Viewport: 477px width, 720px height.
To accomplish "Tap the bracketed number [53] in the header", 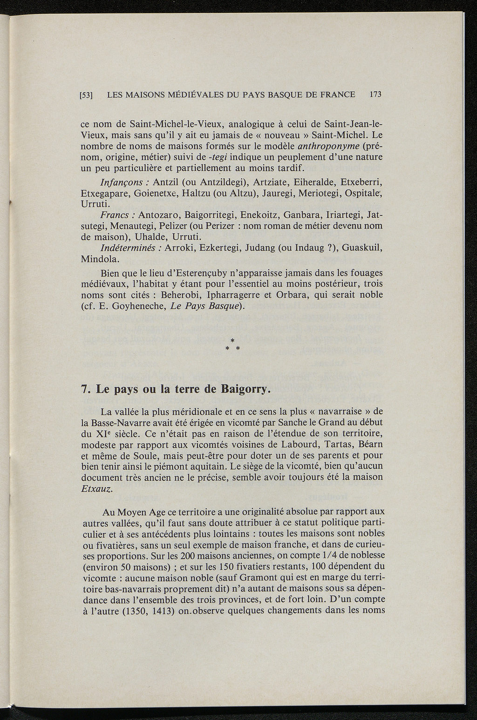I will tap(86, 95).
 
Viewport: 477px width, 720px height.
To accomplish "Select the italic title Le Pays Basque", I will tap(204, 306).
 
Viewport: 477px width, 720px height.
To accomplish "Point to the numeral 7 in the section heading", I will tap(84, 389).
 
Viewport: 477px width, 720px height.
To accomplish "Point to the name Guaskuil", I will tap(362, 248).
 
